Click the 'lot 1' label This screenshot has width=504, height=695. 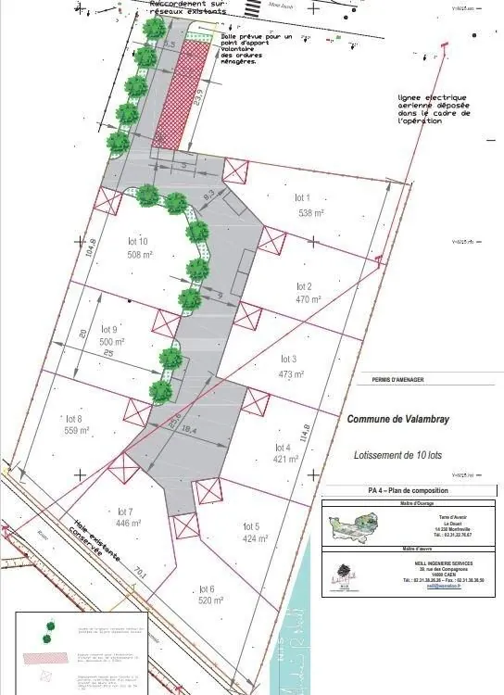click(x=302, y=197)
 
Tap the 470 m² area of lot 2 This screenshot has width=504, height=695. click(x=309, y=300)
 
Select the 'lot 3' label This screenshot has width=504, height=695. click(x=288, y=359)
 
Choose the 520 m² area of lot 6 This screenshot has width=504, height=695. click(x=211, y=600)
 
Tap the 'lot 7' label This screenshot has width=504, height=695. click(x=127, y=511)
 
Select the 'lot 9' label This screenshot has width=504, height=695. click(x=109, y=330)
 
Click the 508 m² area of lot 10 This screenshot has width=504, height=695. click(x=141, y=255)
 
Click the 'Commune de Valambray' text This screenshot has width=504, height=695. click(x=397, y=419)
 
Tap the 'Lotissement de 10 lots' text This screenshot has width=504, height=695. click(x=401, y=456)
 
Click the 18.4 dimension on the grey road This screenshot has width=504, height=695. click(x=189, y=430)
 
